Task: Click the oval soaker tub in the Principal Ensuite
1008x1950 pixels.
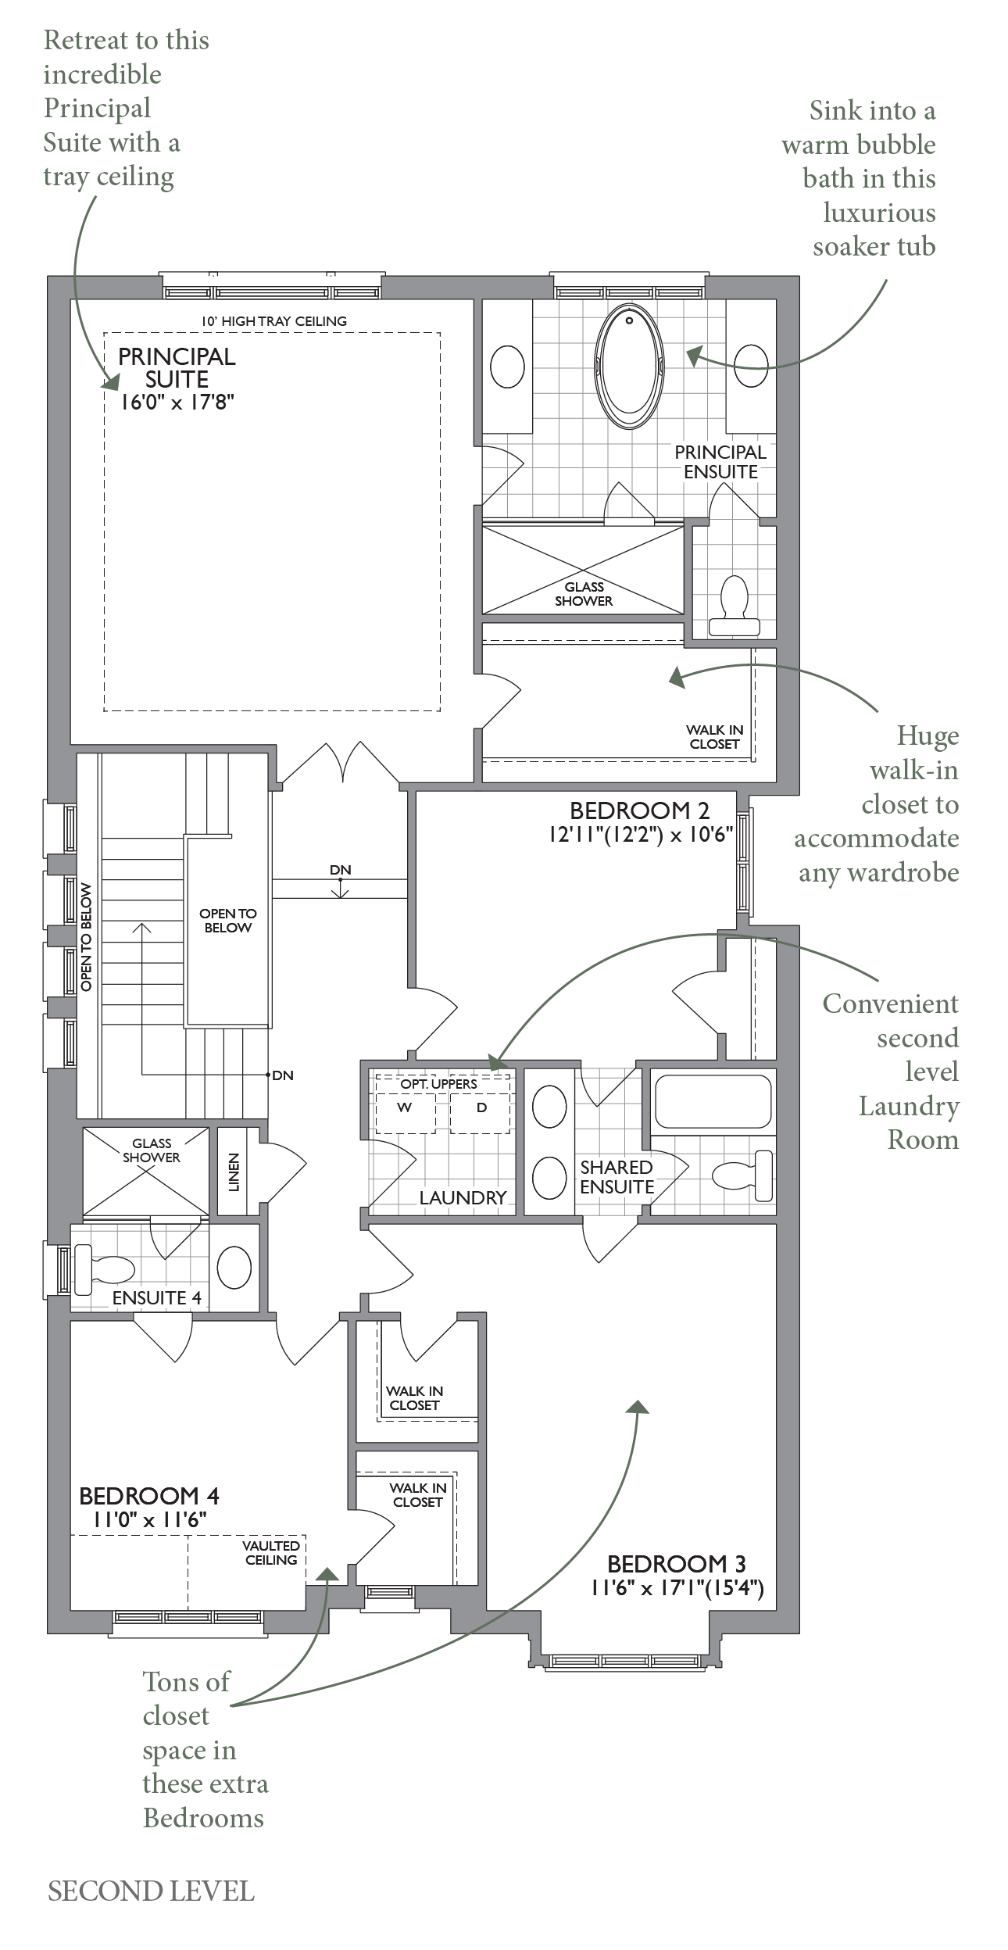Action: (629, 367)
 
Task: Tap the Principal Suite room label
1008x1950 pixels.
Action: (177, 367)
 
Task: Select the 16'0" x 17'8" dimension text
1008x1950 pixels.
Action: (177, 403)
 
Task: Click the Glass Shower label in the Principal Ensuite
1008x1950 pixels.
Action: (584, 594)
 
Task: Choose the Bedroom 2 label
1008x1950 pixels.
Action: (639, 810)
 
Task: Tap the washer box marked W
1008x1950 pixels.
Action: (405, 1108)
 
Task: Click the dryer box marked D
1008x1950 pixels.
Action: (481, 1108)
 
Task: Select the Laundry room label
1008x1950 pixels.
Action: (463, 1197)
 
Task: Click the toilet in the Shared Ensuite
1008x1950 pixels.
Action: (742, 1175)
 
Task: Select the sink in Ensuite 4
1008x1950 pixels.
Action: (234, 1266)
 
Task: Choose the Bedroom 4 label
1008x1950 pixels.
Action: (148, 1496)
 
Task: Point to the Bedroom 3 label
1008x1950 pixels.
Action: (676, 1564)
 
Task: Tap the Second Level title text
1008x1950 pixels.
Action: (151, 1891)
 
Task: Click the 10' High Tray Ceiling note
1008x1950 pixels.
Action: (273, 321)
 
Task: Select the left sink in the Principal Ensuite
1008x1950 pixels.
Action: (507, 367)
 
